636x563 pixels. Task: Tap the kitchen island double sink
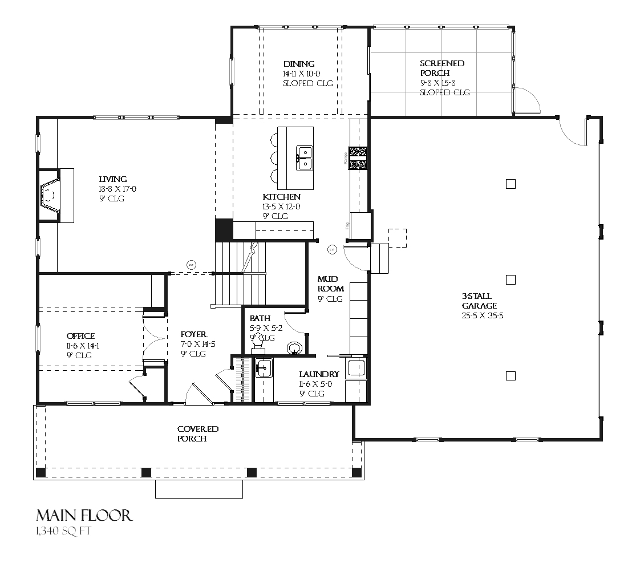pos(303,158)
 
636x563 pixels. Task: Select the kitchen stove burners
pos(358,158)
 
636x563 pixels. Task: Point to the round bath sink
pos(295,348)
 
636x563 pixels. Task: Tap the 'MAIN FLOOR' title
pos(84,516)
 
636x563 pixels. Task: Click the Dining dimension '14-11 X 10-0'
pos(302,74)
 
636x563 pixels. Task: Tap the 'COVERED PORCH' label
pos(197,434)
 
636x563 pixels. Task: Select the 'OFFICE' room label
pos(80,336)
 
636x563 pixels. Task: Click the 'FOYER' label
pos(193,334)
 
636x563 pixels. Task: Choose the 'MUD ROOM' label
pos(330,284)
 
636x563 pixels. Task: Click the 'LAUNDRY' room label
pos(319,374)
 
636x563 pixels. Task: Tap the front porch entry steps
pos(199,489)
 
